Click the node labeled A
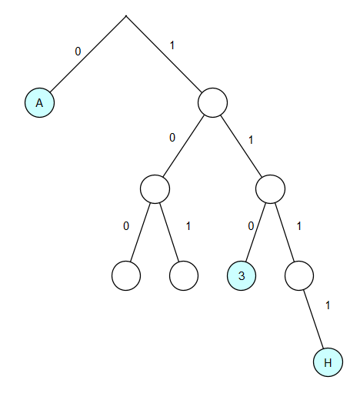(39, 102)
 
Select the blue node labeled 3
(242, 275)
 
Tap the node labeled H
(328, 362)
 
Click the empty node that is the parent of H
(299, 275)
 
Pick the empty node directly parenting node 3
(270, 189)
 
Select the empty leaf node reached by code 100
(126, 275)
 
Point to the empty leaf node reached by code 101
(184, 275)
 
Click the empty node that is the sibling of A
(212, 102)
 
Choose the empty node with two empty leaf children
(155, 189)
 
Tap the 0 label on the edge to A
(78, 52)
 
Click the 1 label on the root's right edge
(172, 45)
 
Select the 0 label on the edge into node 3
(251, 226)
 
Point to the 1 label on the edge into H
(328, 305)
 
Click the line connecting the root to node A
(88, 54)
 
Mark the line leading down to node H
(313, 319)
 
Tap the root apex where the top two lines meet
(126, 16)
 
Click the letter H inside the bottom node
(328, 362)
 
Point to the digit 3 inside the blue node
(242, 275)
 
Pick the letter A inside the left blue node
(39, 103)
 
